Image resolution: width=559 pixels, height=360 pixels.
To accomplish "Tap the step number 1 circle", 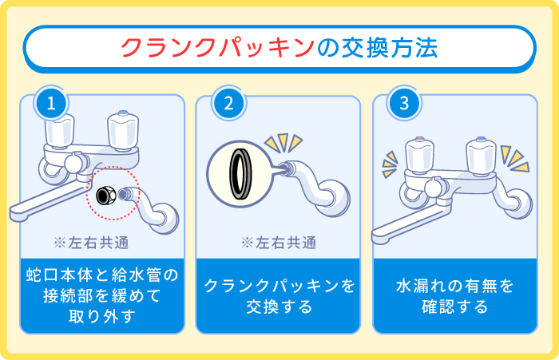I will pyautogui.click(x=50, y=103).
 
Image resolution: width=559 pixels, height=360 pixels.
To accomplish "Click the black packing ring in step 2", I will pyautogui.click(x=239, y=172).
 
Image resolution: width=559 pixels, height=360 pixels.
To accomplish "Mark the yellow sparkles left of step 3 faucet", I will pyautogui.click(x=390, y=163).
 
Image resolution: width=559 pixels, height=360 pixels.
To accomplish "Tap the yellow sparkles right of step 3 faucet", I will pyautogui.click(x=513, y=157).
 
